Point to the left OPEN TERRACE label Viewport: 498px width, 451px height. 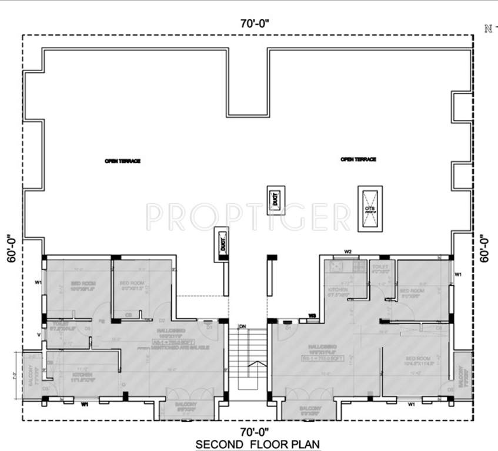click(122, 161)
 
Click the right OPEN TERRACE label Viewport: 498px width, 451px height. click(358, 159)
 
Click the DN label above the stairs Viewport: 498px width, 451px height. click(242, 326)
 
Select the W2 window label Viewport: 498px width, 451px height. click(347, 251)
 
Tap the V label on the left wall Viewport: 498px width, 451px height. click(39, 335)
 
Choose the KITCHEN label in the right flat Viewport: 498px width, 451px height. click(339, 290)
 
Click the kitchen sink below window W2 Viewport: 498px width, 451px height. click(337, 265)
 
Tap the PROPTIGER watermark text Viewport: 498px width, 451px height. click(247, 217)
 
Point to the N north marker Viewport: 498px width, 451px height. click(487, 28)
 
